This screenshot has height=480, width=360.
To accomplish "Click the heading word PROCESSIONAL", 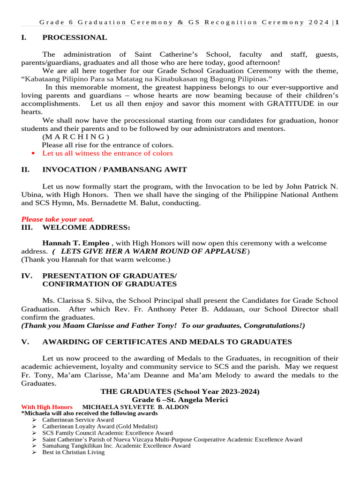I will (x=75, y=37).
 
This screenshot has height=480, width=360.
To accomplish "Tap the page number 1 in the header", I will (x=337, y=22).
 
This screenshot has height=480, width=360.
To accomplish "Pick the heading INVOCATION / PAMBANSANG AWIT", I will (x=114, y=170).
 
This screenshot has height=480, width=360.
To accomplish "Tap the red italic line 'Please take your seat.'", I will (x=58, y=219).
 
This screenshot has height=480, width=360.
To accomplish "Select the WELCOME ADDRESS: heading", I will (x=86, y=227).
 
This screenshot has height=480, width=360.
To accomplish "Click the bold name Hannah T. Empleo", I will (x=76, y=243).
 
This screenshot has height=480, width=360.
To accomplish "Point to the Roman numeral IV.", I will (x=26, y=276).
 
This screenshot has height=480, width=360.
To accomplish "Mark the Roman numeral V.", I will (x=25, y=342).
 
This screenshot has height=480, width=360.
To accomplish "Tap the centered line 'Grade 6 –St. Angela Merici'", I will (x=180, y=399).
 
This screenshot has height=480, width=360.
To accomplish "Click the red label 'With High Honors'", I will (x=47, y=407).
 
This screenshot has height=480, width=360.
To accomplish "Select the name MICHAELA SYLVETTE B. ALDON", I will (x=135, y=407).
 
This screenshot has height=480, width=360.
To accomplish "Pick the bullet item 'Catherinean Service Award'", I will (x=78, y=420).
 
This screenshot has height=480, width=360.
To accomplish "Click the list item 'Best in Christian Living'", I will (x=73, y=452).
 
